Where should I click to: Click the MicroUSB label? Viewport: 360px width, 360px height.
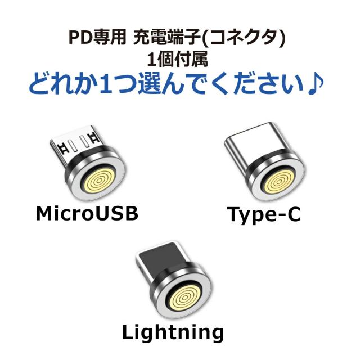tap(87, 213)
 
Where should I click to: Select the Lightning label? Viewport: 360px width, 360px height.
tap(173, 332)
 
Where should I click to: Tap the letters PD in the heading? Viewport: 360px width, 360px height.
tap(80, 38)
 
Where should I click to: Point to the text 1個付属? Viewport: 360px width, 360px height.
tap(177, 59)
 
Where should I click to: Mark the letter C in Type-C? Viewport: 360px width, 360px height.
tap(294, 214)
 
